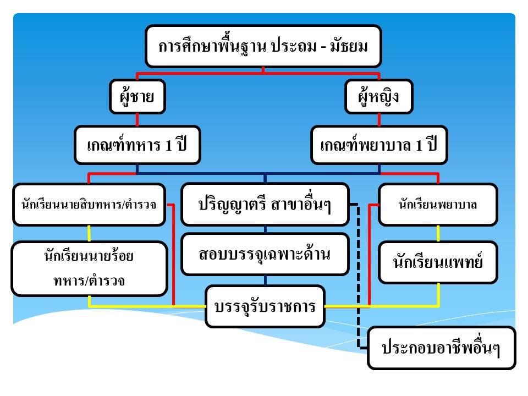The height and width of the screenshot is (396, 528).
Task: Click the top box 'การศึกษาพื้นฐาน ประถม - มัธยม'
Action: pyautogui.click(x=263, y=46)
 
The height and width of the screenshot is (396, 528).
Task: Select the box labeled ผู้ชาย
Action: pyautogui.click(x=137, y=97)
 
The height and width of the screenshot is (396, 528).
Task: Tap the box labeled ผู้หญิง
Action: pyautogui.click(x=379, y=97)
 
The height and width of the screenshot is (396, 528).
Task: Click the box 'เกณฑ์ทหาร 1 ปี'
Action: pyautogui.click(x=137, y=145)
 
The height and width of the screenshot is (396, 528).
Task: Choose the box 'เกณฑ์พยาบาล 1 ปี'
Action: pyautogui.click(x=379, y=145)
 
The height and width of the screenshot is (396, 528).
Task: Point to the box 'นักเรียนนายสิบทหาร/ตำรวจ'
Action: pyautogui.click(x=89, y=205)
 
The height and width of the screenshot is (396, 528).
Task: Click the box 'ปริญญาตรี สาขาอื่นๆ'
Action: pyautogui.click(x=265, y=205)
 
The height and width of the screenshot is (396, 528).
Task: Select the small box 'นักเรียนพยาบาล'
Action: pyautogui.click(x=438, y=205)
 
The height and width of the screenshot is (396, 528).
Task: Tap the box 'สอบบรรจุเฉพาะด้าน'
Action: pyautogui.click(x=265, y=254)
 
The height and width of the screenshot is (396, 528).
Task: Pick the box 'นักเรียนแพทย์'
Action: pyautogui.click(x=438, y=262)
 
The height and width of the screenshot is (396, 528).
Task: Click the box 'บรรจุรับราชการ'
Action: pyautogui.click(x=265, y=306)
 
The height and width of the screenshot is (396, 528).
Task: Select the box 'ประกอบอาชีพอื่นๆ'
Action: pyautogui.click(x=442, y=348)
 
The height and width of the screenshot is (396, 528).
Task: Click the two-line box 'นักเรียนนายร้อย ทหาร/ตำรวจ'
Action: pyautogui.click(x=89, y=268)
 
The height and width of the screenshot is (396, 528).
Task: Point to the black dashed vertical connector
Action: pyautogui.click(x=358, y=276)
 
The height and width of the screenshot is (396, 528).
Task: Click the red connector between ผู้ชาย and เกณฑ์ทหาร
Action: pyautogui.click(x=137, y=119)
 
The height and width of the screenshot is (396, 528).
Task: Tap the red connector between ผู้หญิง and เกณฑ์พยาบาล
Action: pyautogui.click(x=379, y=119)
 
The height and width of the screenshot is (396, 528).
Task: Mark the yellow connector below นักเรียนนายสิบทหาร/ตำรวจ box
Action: pyautogui.click(x=89, y=233)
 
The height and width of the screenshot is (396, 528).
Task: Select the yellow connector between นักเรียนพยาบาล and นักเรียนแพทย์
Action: pyautogui.click(x=438, y=233)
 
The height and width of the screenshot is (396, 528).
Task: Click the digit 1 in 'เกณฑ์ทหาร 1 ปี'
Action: pyautogui.click(x=168, y=145)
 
